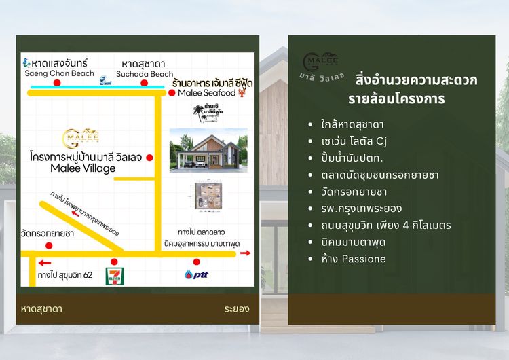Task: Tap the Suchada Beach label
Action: click(x=145, y=73)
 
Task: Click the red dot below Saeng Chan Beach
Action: click(x=57, y=83)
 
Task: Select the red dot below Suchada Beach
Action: click(x=144, y=83)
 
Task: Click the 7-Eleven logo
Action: click(x=113, y=275)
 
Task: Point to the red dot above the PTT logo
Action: click(x=196, y=262)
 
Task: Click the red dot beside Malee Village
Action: click(x=149, y=158)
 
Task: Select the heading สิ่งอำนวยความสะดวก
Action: click(x=416, y=80)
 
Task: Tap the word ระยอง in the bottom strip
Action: click(x=236, y=309)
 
